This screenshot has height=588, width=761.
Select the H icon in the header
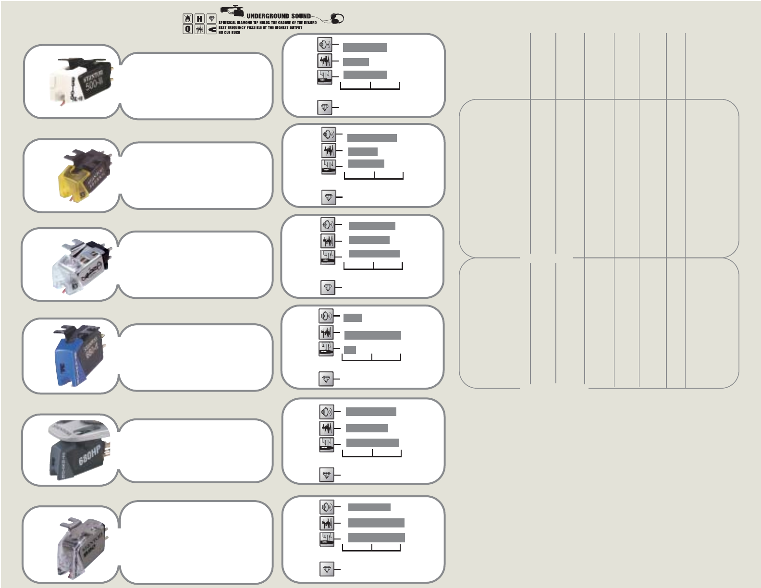point(199,19)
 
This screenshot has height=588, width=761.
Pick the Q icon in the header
point(187,29)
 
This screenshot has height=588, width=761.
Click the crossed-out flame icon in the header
point(187,19)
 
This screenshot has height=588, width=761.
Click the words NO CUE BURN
point(229,33)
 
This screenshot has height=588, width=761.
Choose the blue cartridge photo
point(82,355)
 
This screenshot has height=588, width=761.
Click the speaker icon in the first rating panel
point(324,45)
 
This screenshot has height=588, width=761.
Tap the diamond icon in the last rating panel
point(327,569)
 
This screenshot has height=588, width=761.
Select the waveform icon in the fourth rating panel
point(326,332)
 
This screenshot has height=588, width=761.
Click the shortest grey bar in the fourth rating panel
point(350,350)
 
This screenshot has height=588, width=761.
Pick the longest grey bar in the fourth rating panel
point(372,335)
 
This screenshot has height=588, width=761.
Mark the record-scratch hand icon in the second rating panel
point(329,167)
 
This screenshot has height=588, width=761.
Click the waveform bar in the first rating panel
point(356,62)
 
